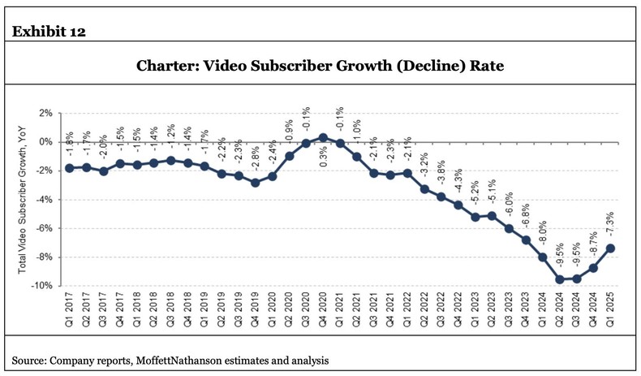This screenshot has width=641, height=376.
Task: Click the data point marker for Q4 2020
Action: pos(322,138)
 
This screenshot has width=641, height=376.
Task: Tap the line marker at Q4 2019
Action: pos(255,183)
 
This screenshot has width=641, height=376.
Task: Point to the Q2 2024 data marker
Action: pos(559,279)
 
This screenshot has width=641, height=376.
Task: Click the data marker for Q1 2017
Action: pos(70,168)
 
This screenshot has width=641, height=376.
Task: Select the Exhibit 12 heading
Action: pos(49,32)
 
